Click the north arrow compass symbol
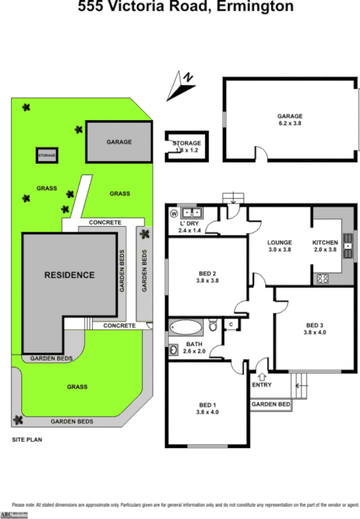click(181, 85)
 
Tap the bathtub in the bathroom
click(186, 326)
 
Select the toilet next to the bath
click(212, 325)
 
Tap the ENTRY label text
click(262, 385)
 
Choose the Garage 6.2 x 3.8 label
click(290, 120)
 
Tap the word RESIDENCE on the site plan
click(69, 275)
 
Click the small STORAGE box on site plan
click(47, 155)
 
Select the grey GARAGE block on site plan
click(118, 142)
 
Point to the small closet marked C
click(230, 324)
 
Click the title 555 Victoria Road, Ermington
click(186, 7)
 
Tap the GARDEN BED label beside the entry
click(270, 404)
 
